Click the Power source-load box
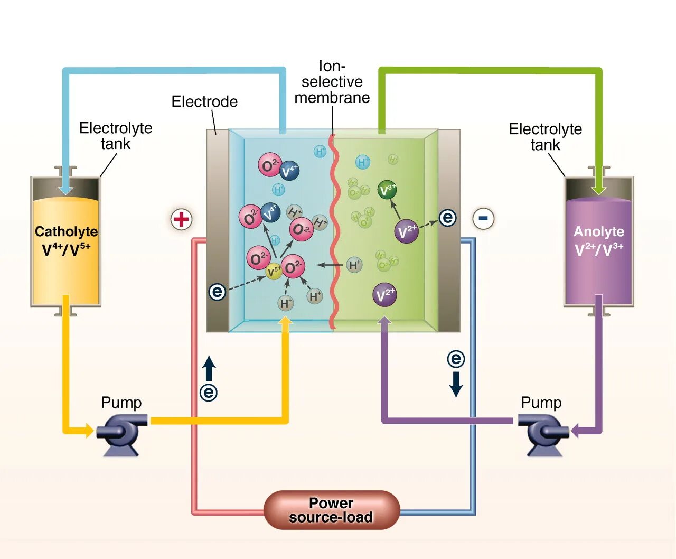coord(331,510)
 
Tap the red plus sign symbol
coord(181,219)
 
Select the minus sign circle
coord(483,218)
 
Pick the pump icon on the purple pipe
coord(544,432)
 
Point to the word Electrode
coord(204,101)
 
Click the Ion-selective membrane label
coord(332,82)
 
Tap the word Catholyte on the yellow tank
coord(66,231)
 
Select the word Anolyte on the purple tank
coord(599,231)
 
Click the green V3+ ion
coord(388,190)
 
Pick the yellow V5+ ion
coord(274,272)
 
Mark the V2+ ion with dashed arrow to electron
coord(406,231)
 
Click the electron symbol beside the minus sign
coord(447,217)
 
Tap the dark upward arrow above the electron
coord(209,368)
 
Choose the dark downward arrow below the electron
coord(456,385)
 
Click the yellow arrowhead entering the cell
coord(285,321)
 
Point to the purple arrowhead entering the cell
coord(385,321)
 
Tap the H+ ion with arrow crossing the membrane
coord(354,265)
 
